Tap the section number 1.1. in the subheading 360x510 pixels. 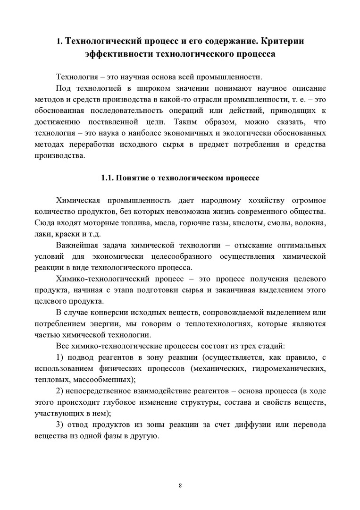[x=109, y=178]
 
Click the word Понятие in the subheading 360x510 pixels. [x=139, y=178]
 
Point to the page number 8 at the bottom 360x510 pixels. [x=180, y=485]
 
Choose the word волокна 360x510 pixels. [x=309, y=223]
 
